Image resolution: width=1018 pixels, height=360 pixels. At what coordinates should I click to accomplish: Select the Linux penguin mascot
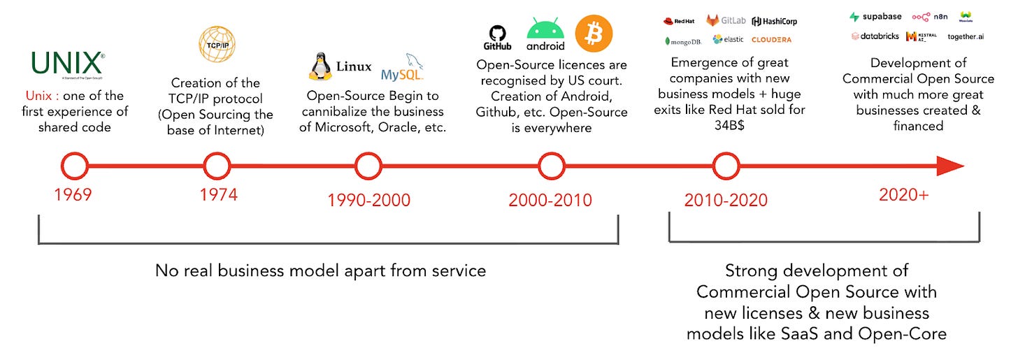pyautogui.click(x=321, y=67)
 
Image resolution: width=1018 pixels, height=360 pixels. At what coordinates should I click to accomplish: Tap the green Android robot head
pyautogui.click(x=545, y=30)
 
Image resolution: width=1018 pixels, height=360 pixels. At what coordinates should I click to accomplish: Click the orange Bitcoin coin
pyautogui.click(x=594, y=34)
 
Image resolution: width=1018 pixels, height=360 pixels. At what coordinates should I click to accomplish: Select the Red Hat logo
pyautogui.click(x=680, y=20)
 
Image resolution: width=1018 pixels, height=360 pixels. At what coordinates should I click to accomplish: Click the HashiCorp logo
pyautogui.click(x=774, y=21)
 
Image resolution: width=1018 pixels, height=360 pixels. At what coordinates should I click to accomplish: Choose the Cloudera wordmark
pyautogui.click(x=771, y=40)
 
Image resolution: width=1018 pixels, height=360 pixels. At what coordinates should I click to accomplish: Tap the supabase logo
pyautogui.click(x=875, y=17)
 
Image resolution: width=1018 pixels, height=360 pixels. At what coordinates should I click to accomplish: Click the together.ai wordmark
pyautogui.click(x=965, y=36)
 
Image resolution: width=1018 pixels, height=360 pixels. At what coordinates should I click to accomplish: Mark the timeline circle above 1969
pyautogui.click(x=74, y=166)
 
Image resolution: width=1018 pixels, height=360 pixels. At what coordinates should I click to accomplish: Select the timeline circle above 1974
pyautogui.click(x=217, y=166)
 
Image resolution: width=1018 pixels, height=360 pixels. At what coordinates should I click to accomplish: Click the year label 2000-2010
pyautogui.click(x=550, y=200)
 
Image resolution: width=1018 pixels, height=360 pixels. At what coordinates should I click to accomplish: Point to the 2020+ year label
pyautogui.click(x=903, y=195)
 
